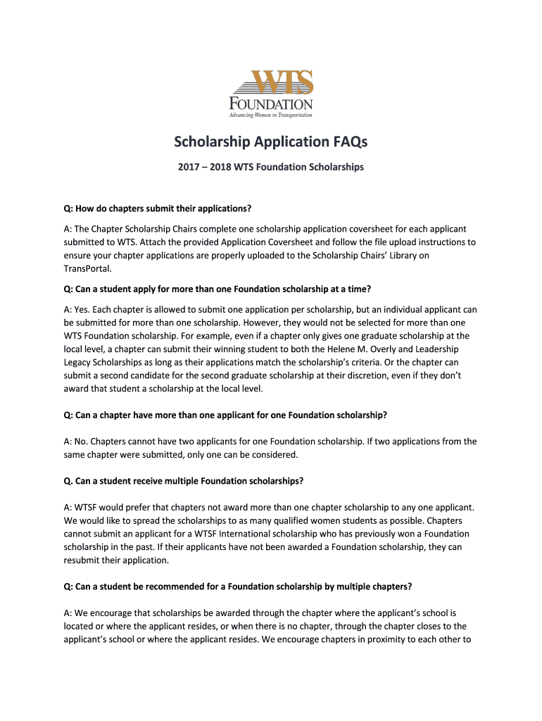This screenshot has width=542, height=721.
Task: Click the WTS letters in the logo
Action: [273, 83]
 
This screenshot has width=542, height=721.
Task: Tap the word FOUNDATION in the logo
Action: [271, 103]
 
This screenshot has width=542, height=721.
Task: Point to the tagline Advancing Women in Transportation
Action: [271, 115]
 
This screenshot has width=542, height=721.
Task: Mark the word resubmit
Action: [84, 560]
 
